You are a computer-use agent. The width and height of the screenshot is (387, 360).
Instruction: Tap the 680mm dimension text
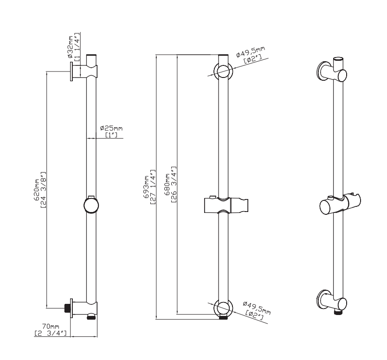tap(168, 184)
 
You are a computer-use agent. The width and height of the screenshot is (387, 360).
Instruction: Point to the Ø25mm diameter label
tap(111, 129)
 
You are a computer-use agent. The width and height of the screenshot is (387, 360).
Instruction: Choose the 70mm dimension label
tap(51, 327)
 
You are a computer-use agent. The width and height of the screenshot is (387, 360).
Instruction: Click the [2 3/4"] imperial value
tap(51, 333)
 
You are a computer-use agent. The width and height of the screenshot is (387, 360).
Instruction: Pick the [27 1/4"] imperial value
tap(153, 187)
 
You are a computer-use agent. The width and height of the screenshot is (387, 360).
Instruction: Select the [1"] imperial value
tap(111, 135)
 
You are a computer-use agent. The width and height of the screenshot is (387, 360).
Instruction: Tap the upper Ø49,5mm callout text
tap(251, 51)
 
